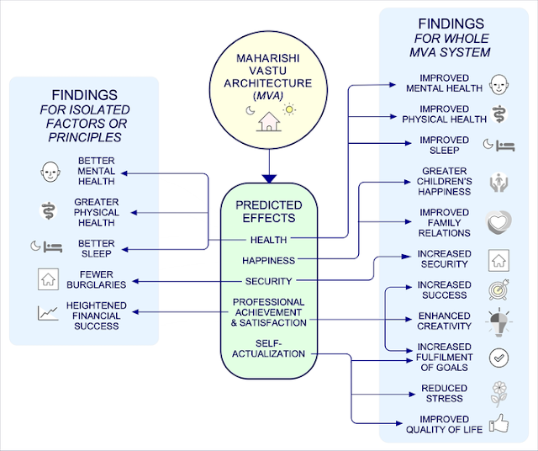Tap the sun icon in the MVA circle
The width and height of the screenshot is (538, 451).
(x=290, y=110)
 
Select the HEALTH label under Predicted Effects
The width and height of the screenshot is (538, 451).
(x=269, y=240)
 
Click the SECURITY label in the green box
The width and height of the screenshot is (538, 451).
(x=269, y=281)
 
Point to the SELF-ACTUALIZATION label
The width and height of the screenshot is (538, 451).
(x=269, y=348)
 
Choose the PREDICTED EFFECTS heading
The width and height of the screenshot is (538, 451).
(x=269, y=210)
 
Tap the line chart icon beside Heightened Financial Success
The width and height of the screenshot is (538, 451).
(x=48, y=313)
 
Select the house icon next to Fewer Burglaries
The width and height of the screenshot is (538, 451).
(x=48, y=279)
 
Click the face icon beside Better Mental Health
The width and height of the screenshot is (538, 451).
(x=48, y=172)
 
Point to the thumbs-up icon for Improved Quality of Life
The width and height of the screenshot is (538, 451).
(x=498, y=423)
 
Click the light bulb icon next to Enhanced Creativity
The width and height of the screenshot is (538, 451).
(x=498, y=322)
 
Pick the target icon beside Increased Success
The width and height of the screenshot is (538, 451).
(x=498, y=291)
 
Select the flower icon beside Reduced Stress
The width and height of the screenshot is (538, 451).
(x=498, y=393)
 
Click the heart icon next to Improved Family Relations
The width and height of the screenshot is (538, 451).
(x=498, y=222)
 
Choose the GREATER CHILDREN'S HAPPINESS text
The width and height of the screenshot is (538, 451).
(x=445, y=182)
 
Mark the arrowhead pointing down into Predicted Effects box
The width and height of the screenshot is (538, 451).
(x=269, y=178)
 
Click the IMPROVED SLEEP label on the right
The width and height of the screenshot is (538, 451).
(x=445, y=145)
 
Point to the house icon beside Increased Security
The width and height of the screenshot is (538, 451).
(x=498, y=259)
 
